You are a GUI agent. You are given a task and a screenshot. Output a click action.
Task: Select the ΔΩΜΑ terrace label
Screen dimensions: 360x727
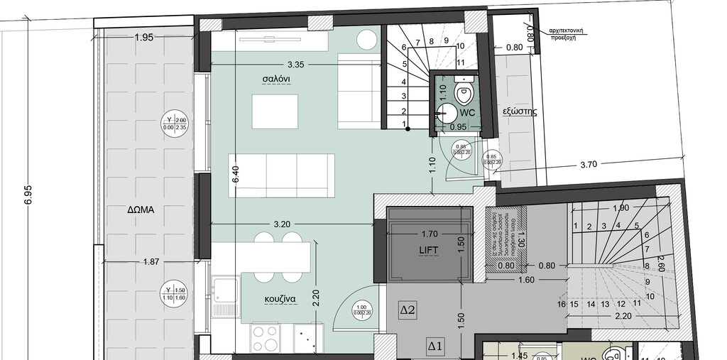(x=141, y=210)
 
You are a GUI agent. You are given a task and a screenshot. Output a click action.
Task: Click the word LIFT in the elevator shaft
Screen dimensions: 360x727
(x=429, y=250)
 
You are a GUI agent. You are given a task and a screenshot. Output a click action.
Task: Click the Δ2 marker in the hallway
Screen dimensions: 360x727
(x=408, y=310)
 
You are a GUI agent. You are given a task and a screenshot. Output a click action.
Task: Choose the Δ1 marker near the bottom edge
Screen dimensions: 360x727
(x=435, y=347)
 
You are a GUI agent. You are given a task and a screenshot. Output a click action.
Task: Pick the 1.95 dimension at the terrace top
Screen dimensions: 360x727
(x=144, y=38)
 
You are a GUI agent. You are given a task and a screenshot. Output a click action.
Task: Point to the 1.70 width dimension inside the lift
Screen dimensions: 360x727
(x=429, y=232)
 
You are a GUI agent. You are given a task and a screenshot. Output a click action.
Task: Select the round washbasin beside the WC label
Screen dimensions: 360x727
(x=447, y=112)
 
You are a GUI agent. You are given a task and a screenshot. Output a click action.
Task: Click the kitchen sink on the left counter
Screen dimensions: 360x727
(x=225, y=292)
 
